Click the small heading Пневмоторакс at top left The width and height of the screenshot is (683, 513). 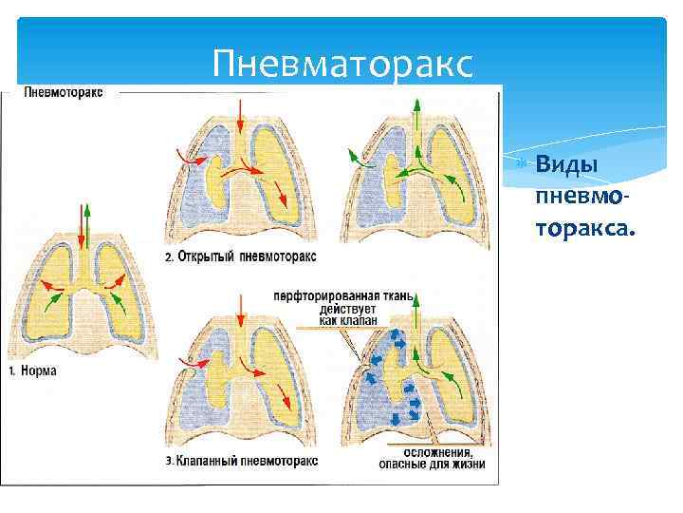[64, 93]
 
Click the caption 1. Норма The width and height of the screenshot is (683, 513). [32, 371]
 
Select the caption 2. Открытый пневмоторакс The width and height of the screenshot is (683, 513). [241, 257]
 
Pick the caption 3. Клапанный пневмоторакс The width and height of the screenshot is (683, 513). [242, 461]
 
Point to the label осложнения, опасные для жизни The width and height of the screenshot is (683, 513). [435, 458]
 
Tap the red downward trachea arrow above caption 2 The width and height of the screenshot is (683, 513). [241, 119]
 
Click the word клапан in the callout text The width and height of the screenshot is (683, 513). [361, 322]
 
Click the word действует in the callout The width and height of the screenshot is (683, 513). [349, 310]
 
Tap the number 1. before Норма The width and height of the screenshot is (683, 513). [13, 371]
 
